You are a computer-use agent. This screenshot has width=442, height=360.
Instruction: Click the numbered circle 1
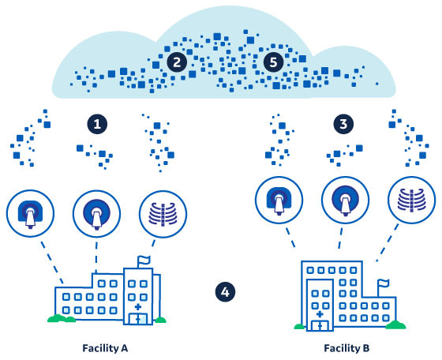pyautogui.click(x=97, y=124)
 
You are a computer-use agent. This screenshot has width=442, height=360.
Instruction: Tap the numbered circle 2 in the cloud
pyautogui.click(x=177, y=62)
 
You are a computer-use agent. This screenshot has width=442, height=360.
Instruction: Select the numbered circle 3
pyautogui.click(x=343, y=124)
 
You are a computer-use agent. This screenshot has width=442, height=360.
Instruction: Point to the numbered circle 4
pyautogui.click(x=225, y=292)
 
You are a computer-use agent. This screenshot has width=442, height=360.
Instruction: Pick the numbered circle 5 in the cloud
pyautogui.click(x=273, y=62)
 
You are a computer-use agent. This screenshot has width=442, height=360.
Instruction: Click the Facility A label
pyautogui.click(x=105, y=348)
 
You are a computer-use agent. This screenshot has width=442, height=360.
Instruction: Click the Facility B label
pyautogui.click(x=346, y=348)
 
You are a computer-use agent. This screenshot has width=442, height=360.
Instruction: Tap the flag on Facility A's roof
pyautogui.click(x=144, y=261)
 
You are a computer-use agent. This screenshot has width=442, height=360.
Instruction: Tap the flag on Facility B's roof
pyautogui.click(x=384, y=284)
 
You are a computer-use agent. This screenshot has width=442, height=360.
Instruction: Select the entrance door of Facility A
pyautogui.click(x=138, y=319)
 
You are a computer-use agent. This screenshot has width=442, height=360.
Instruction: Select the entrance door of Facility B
pyautogui.click(x=320, y=325)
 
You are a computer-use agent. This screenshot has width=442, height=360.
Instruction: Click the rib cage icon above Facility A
pyautogui.click(x=163, y=214)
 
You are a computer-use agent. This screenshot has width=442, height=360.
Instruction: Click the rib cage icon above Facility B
pyautogui.click(x=411, y=201)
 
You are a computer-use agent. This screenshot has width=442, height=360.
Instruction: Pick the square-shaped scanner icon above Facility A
pyautogui.click(x=30, y=214)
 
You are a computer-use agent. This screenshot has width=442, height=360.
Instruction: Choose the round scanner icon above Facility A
pyautogui.click(x=96, y=214)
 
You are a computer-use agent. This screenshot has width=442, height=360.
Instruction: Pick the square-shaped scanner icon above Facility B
pyautogui.click(x=279, y=201)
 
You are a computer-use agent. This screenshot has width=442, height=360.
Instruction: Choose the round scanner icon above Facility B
pyautogui.click(x=346, y=201)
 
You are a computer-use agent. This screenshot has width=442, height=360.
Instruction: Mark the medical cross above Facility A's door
pyautogui.click(x=138, y=307)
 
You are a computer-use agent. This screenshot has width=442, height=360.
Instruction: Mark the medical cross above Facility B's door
pyautogui.click(x=320, y=314)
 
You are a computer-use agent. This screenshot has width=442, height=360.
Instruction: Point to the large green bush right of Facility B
pyautogui.click(x=395, y=325)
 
